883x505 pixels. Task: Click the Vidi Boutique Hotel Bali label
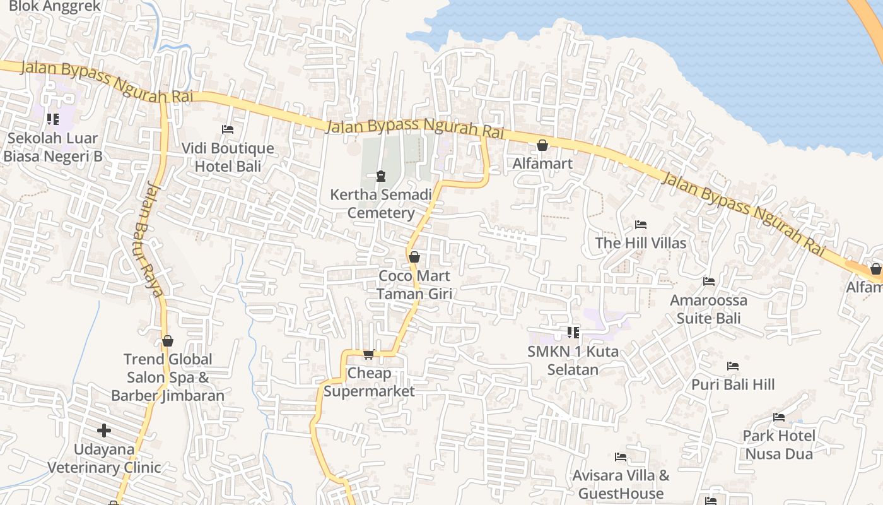coord(228,158)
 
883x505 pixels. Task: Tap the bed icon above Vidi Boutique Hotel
coord(228,129)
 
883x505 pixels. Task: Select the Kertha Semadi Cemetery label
coord(381,203)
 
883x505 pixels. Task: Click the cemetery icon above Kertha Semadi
coord(381,175)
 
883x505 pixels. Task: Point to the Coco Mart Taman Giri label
coord(414,285)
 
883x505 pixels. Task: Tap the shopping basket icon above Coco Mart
coord(414,257)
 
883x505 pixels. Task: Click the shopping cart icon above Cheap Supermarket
coord(369,354)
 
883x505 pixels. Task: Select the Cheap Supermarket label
coord(369,382)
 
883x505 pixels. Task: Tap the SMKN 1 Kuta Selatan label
coord(573,360)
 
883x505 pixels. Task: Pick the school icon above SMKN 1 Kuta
coord(573,332)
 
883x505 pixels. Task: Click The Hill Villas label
coord(640,243)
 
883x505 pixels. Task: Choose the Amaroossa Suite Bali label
coord(708,309)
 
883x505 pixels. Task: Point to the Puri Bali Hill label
coord(732,384)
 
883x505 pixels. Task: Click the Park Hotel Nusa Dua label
coord(779,444)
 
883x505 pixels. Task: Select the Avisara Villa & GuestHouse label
coord(621,484)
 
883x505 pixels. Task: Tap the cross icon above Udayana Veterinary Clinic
coord(104,431)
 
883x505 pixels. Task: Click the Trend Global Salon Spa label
coord(168,377)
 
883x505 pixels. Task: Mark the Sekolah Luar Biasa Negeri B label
coord(52,147)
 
